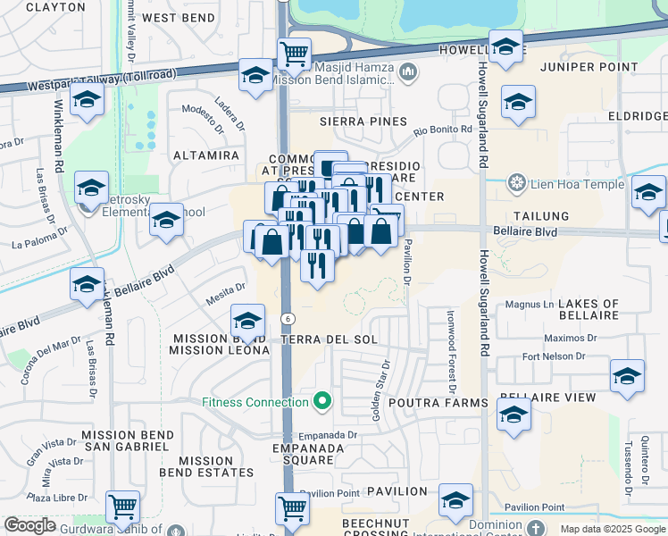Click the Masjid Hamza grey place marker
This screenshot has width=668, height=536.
point(408,71)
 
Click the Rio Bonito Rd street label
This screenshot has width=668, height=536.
point(442,130)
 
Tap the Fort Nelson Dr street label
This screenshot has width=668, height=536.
point(553,357)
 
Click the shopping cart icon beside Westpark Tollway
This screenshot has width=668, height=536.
point(294,54)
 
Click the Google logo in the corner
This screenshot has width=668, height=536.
point(30,525)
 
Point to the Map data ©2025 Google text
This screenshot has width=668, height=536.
point(612,529)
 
